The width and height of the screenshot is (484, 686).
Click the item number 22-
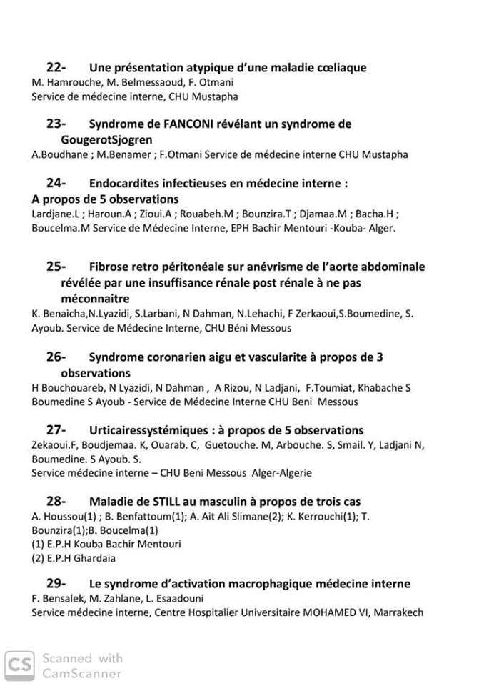56,68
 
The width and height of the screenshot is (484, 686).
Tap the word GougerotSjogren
92,139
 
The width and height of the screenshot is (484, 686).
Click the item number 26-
56,357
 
